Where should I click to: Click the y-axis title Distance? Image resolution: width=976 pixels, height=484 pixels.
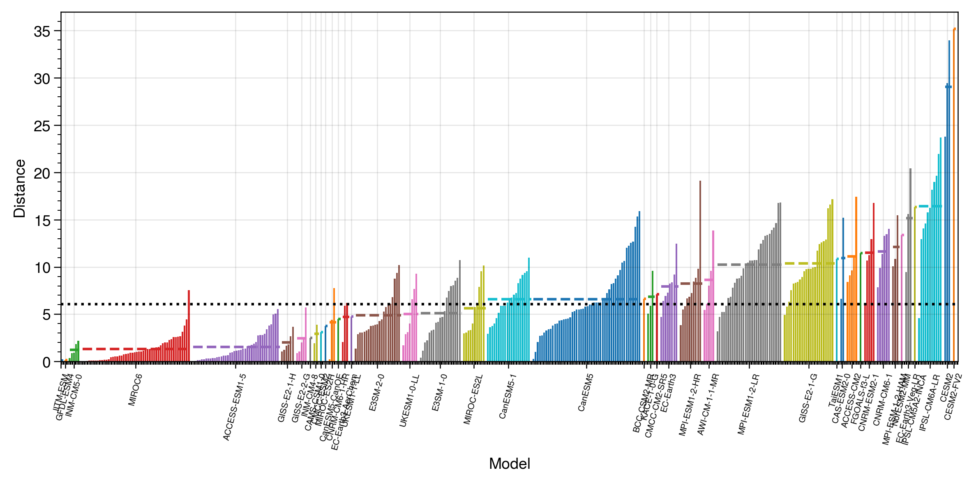19,188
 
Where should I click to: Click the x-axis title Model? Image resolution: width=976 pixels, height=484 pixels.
509,464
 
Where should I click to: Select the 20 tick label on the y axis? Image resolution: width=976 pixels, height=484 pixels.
42,174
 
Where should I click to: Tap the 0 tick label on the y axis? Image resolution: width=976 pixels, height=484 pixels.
46,363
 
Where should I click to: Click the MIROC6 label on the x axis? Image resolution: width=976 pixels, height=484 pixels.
135,390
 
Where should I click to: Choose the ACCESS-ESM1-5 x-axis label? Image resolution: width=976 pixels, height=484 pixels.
235,407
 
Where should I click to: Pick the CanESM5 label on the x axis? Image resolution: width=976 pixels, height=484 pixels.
586,393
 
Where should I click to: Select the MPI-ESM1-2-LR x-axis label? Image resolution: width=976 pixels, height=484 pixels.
748,404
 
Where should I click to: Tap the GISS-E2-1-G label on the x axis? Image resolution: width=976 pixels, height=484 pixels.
808,398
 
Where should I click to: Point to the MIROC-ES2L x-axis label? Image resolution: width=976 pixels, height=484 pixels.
473,399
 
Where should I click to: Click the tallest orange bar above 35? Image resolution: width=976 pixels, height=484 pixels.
954,193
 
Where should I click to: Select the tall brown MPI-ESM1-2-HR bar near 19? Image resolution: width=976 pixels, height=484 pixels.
700,272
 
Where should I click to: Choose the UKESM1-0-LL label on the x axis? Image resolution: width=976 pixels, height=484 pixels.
409,400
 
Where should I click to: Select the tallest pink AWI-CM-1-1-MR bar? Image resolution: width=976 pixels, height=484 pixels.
713,296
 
